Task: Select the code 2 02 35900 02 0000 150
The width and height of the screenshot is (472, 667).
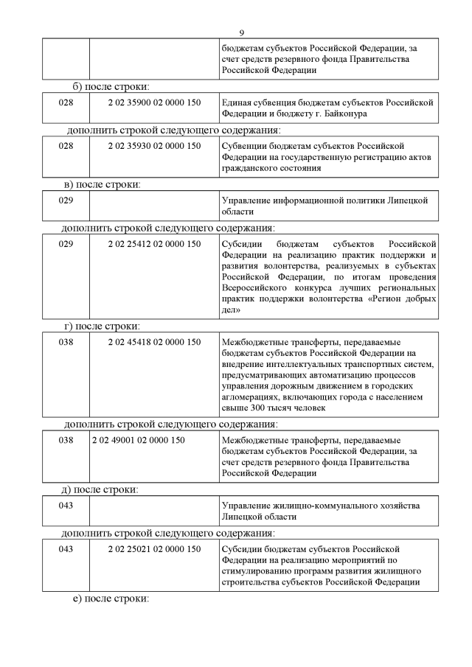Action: pyautogui.click(x=154, y=102)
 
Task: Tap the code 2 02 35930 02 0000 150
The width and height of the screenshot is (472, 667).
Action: pyautogui.click(x=154, y=146)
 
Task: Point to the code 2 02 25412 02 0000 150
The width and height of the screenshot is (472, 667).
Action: pyautogui.click(x=154, y=243)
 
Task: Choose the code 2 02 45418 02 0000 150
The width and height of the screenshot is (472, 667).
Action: pyautogui.click(x=154, y=341)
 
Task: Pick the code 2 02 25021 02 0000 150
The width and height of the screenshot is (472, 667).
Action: pyautogui.click(x=154, y=549)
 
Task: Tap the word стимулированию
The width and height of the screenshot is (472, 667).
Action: pyautogui.click(x=256, y=571)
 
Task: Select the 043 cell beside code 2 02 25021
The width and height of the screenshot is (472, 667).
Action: pyautogui.click(x=66, y=549)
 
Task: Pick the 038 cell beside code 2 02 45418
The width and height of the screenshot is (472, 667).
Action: pyautogui.click(x=66, y=341)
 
